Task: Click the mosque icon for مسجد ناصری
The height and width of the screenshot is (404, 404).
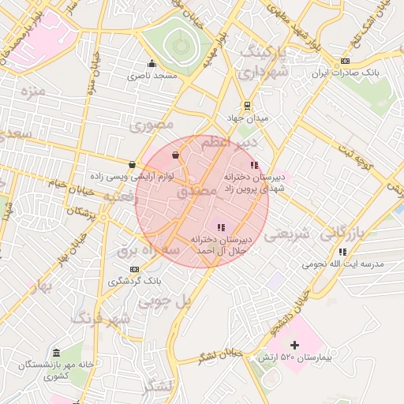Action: tap(151, 64)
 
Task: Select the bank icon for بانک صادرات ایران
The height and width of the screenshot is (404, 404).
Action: tap(345, 62)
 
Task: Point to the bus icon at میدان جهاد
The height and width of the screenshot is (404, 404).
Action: tap(247, 105)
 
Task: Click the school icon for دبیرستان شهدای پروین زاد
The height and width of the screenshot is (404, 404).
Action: tap(254, 165)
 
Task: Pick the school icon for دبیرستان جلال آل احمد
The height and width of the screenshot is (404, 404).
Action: tap(220, 227)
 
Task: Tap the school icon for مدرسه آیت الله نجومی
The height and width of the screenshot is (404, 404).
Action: tap(342, 251)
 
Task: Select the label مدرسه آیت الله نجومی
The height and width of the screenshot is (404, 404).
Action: tap(347, 264)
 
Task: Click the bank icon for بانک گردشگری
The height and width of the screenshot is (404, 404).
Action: tap(133, 268)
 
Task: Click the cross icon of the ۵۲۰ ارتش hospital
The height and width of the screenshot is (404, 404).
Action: tap(294, 345)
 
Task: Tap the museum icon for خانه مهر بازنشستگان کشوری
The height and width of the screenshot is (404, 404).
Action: tap(56, 352)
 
